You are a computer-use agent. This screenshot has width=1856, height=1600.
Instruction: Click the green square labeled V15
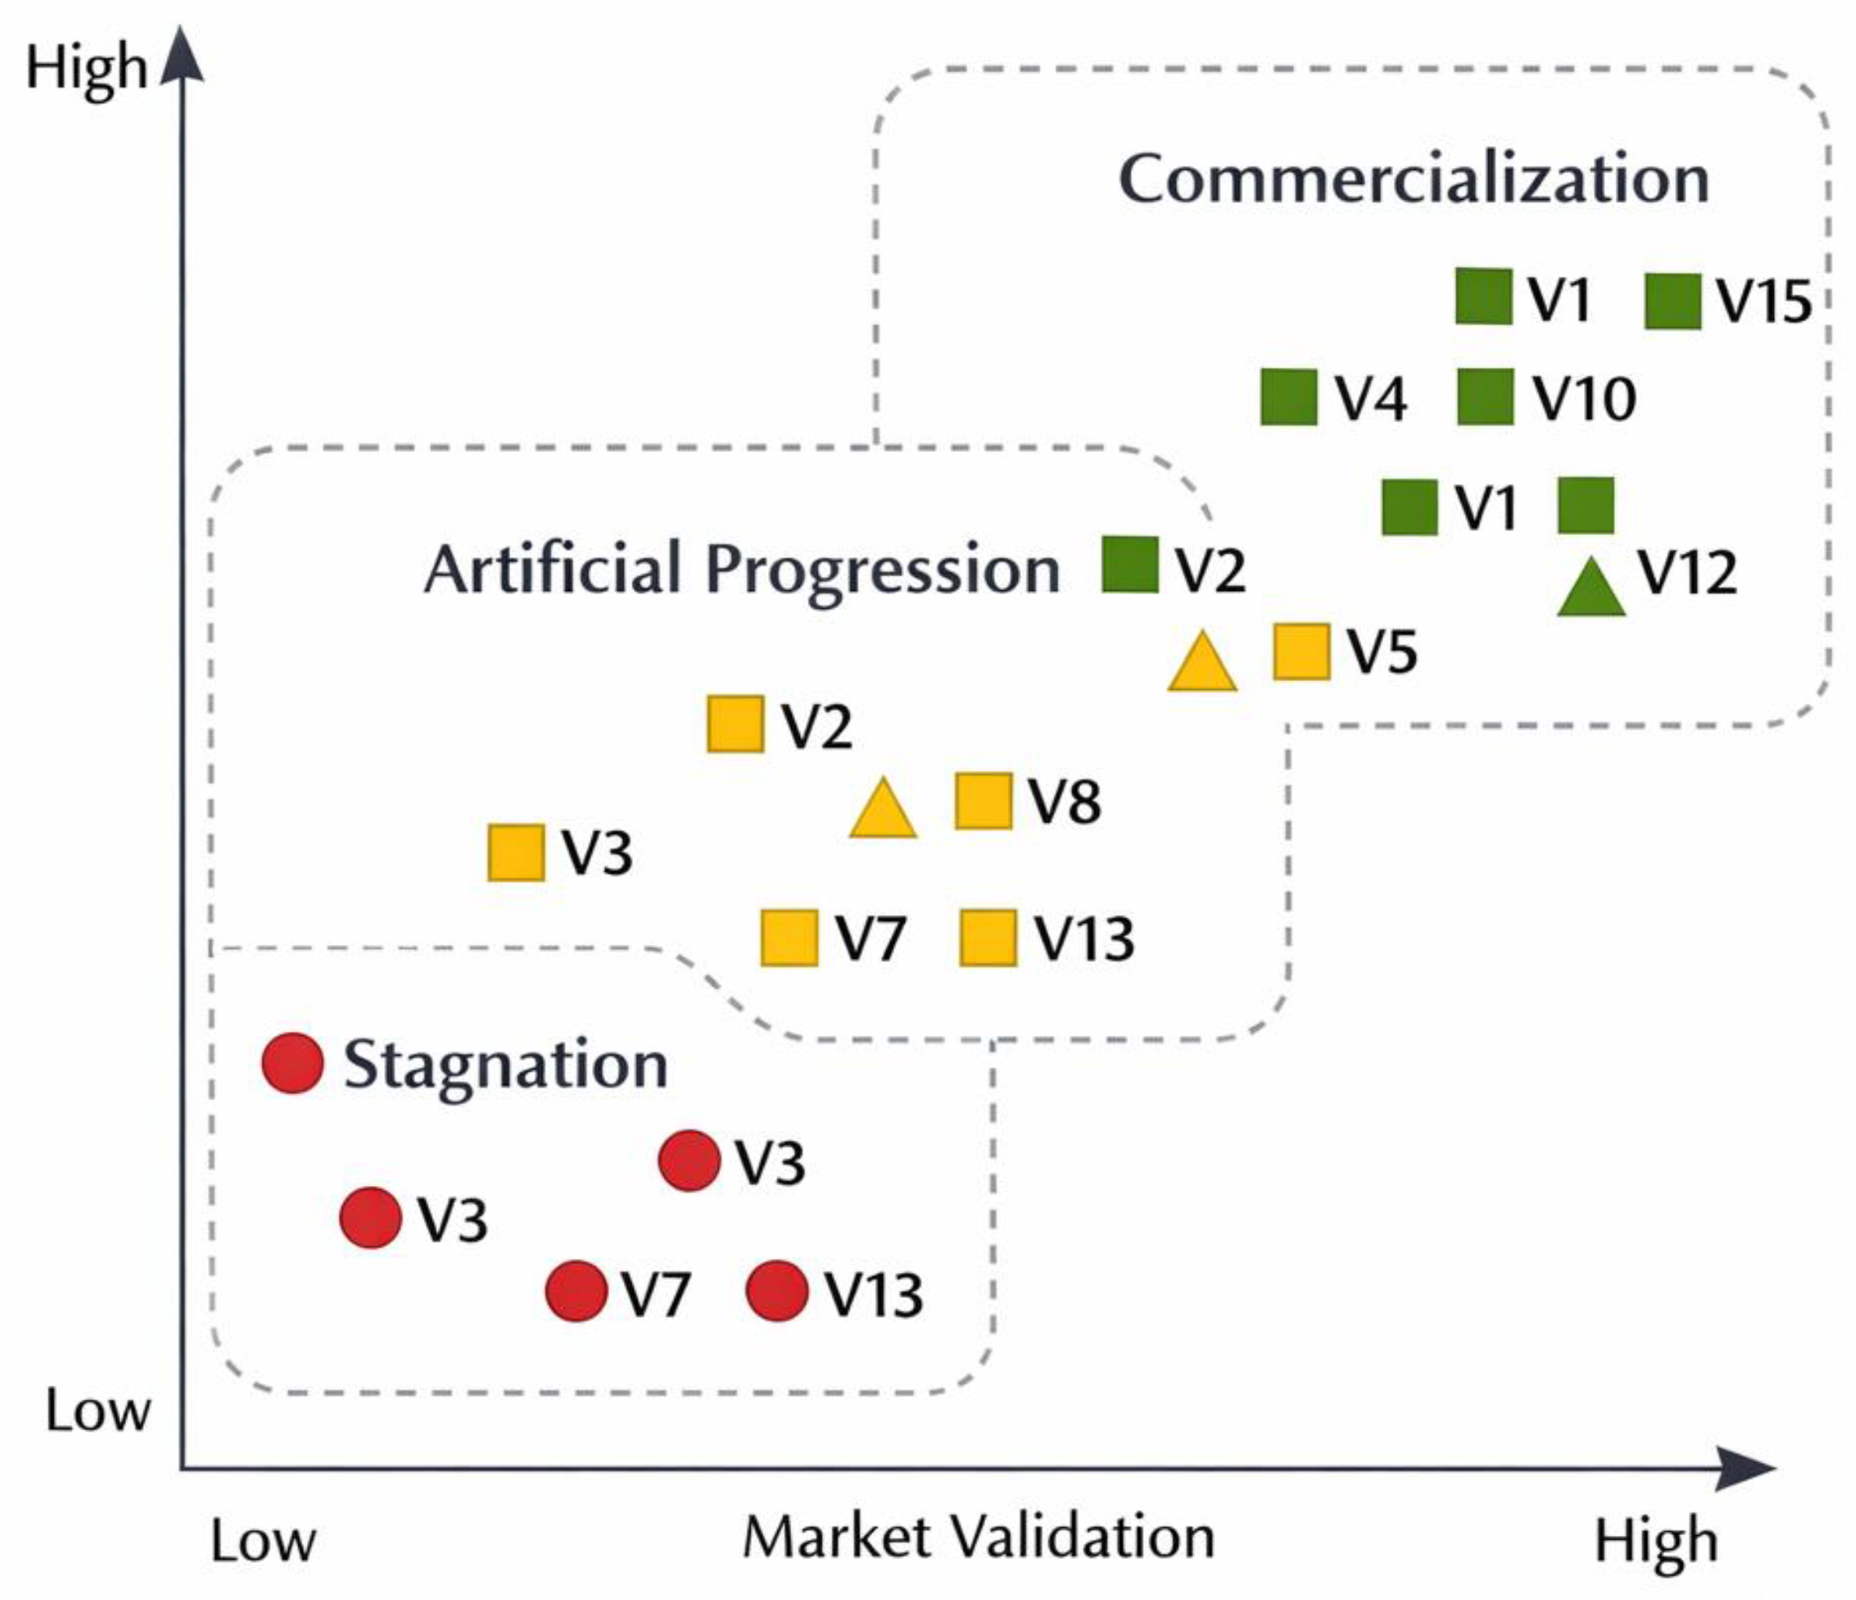coord(1672,302)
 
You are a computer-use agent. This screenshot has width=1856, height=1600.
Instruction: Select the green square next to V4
coord(1288,397)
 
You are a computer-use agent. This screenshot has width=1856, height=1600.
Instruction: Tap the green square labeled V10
coord(1484,397)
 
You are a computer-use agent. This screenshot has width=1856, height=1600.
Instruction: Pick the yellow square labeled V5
coord(1300,652)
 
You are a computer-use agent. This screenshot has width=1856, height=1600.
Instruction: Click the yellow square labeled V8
coord(983,800)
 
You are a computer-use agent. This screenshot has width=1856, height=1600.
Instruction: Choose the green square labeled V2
coord(1129,565)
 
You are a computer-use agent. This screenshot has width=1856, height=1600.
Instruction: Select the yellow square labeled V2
coord(734,724)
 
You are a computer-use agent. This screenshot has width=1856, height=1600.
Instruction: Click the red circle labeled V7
coord(576,1291)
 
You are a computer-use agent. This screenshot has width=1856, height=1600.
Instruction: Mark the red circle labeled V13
coord(777,1291)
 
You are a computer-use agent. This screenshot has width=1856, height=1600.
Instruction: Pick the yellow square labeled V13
coord(987,938)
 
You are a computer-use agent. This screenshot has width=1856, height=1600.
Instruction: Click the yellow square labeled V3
coord(515,852)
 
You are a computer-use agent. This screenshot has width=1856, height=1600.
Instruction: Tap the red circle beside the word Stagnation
coord(292,1063)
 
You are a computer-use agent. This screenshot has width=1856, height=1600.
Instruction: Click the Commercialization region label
coord(1413,179)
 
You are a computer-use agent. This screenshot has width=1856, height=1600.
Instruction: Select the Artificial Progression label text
coord(742,569)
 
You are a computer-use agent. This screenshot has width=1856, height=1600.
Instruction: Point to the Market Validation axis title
coord(978,1538)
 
